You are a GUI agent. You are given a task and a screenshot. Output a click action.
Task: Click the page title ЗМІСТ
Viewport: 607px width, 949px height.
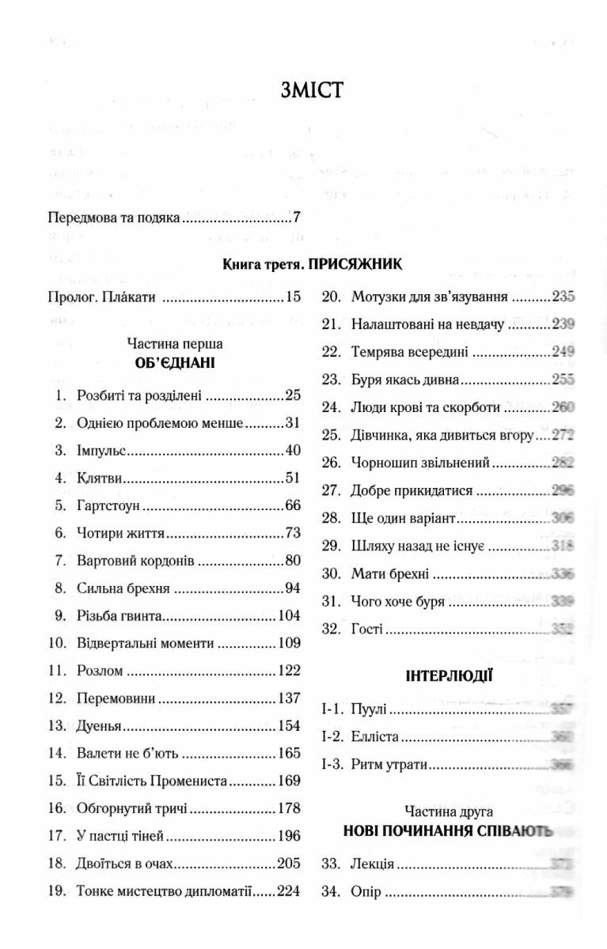pyautogui.click(x=310, y=89)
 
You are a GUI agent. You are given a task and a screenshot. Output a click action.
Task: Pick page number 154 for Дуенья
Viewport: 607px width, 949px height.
pyautogui.click(x=289, y=725)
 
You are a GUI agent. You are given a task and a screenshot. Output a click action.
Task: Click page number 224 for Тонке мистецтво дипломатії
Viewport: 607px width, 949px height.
pyautogui.click(x=289, y=890)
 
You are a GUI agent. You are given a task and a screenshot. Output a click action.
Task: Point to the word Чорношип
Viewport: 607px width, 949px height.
pyautogui.click(x=384, y=463)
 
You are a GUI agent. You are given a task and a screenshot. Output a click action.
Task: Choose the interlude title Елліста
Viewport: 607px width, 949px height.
pyautogui.click(x=371, y=737)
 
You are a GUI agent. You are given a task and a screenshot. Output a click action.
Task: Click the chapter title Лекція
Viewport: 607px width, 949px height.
pyautogui.click(x=372, y=864)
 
